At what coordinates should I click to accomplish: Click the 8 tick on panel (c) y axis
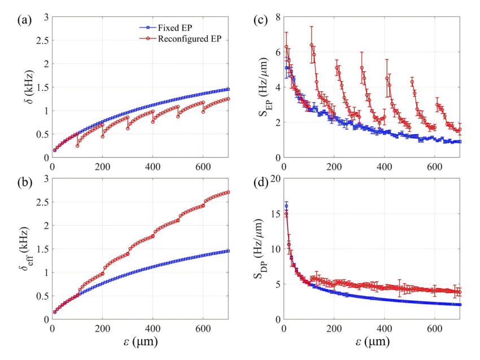[277, 17]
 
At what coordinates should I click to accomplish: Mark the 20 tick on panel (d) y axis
[275, 179]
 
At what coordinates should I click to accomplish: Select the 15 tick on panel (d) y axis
[275, 214]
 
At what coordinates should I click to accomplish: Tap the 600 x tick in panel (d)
[435, 328]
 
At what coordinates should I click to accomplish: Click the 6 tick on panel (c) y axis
[277, 52]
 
